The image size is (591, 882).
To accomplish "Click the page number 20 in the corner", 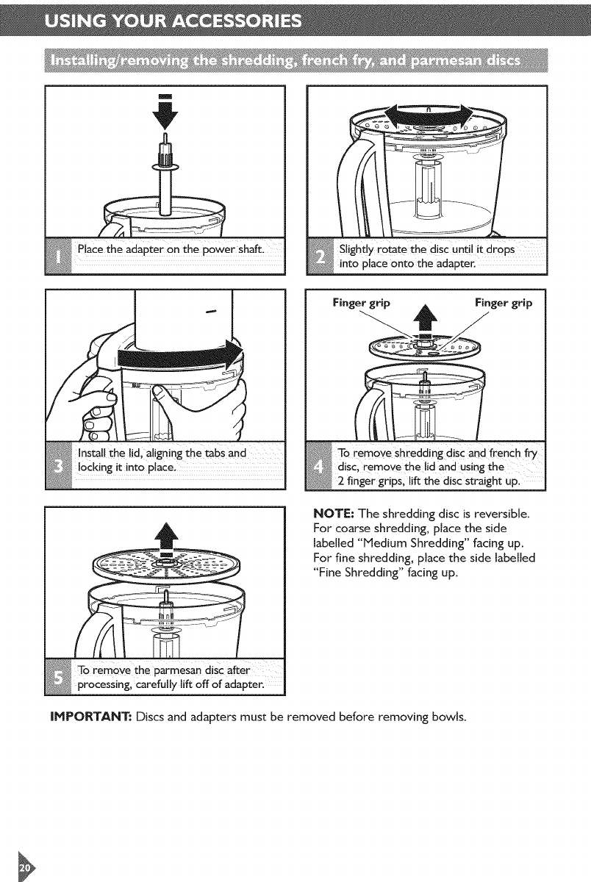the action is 24,867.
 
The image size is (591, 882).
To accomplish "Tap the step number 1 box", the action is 59,257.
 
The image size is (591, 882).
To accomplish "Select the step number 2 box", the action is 320,257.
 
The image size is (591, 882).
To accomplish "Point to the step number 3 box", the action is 59,465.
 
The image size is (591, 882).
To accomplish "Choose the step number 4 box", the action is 318,466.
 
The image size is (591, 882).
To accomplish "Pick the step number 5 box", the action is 58,676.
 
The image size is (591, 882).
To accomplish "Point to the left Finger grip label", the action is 362,302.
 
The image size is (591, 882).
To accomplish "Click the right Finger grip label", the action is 504,302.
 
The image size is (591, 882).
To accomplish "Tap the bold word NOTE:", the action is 334,514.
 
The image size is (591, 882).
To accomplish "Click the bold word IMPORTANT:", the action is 90,716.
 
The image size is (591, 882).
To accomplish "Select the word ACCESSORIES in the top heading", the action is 237,21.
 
